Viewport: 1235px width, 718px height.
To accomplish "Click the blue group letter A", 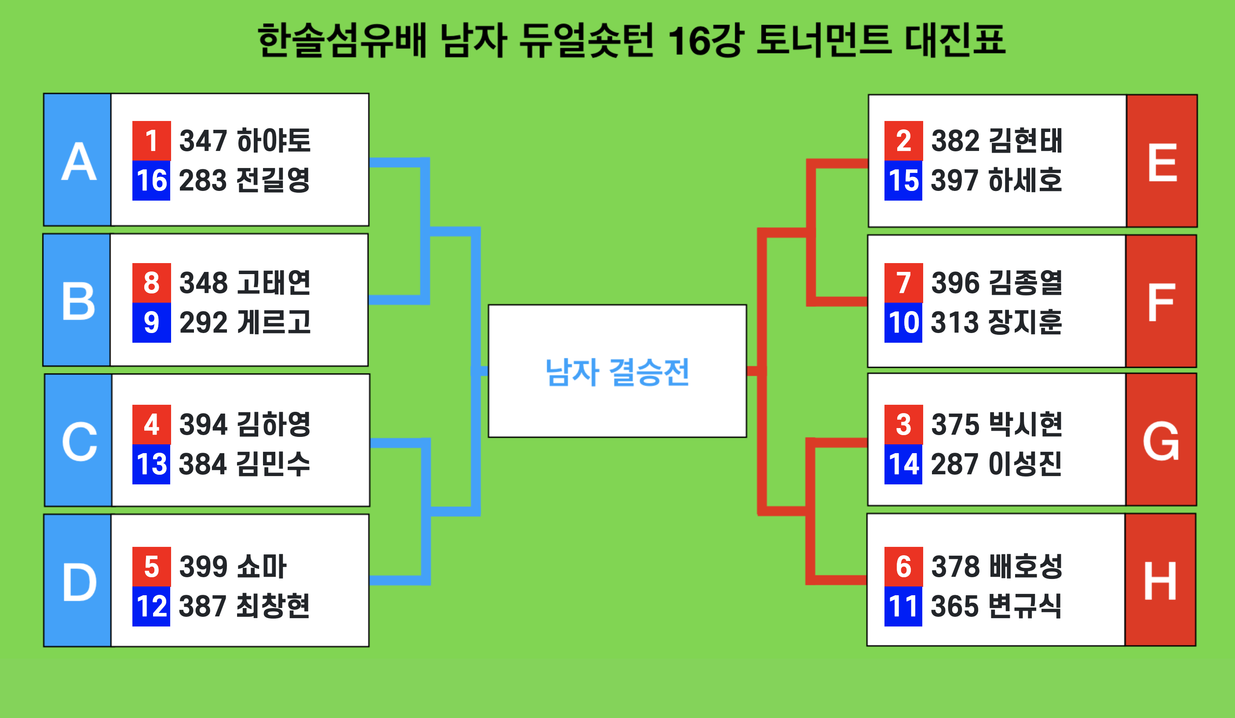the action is pos(78,161).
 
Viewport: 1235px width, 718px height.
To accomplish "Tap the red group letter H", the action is pos(1160,581).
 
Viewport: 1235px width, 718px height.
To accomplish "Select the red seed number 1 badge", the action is pos(151,141).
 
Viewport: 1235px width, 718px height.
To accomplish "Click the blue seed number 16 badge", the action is pos(151,180).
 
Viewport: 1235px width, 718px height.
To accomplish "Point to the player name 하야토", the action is pos(274,141).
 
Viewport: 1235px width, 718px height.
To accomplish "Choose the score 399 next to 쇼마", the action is pos(203,567).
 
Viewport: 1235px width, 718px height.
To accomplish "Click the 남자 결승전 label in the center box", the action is pos(617,372).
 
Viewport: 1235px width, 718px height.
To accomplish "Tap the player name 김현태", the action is pos(1025,141).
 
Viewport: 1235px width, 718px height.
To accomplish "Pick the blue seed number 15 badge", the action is pos(903,180).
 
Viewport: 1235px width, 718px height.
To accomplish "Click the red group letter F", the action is pos(1161,302).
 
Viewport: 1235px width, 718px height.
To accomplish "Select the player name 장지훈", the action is pos(1025,322).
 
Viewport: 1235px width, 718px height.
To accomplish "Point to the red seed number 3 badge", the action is pos(904,425).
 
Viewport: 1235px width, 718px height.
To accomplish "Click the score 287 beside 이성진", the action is pos(954,464).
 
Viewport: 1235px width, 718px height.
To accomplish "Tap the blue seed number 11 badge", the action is pos(903,606).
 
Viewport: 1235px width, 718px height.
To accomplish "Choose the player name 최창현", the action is pos(273,606).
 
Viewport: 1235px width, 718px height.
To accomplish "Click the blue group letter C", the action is pos(80,442).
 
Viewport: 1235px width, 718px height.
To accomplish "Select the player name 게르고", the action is pos(274,322).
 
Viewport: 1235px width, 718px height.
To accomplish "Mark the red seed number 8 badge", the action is pos(151,283).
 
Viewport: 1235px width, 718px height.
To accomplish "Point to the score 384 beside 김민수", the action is pos(203,464).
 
